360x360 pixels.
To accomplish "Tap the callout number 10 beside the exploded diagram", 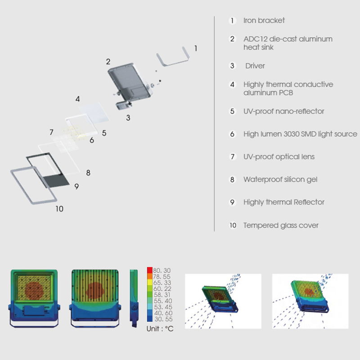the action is [59, 209].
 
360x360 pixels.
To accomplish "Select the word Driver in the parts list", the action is [255, 66].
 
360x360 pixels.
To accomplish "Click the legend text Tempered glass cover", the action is [281, 225].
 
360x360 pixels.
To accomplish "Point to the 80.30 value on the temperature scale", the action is [162, 270].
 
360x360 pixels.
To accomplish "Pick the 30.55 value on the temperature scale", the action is [163, 319].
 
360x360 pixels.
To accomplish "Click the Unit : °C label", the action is [160, 329].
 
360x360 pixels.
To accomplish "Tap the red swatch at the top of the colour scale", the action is [150, 270].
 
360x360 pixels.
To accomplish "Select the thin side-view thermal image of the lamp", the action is [134, 298].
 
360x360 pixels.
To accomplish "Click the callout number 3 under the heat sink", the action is [128, 118].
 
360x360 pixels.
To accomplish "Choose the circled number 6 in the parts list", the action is [232, 134].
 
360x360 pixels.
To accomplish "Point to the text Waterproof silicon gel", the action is [280, 180].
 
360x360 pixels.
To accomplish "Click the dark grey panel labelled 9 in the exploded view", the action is [56, 181].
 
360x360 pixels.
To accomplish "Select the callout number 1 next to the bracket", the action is [196, 49].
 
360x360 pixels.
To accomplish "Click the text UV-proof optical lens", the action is [279, 157].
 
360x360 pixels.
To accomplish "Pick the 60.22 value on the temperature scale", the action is [162, 288].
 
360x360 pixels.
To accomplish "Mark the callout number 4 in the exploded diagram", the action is [77, 99].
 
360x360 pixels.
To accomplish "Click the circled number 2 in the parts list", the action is [232, 39].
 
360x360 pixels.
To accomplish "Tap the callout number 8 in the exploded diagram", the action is [88, 173].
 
